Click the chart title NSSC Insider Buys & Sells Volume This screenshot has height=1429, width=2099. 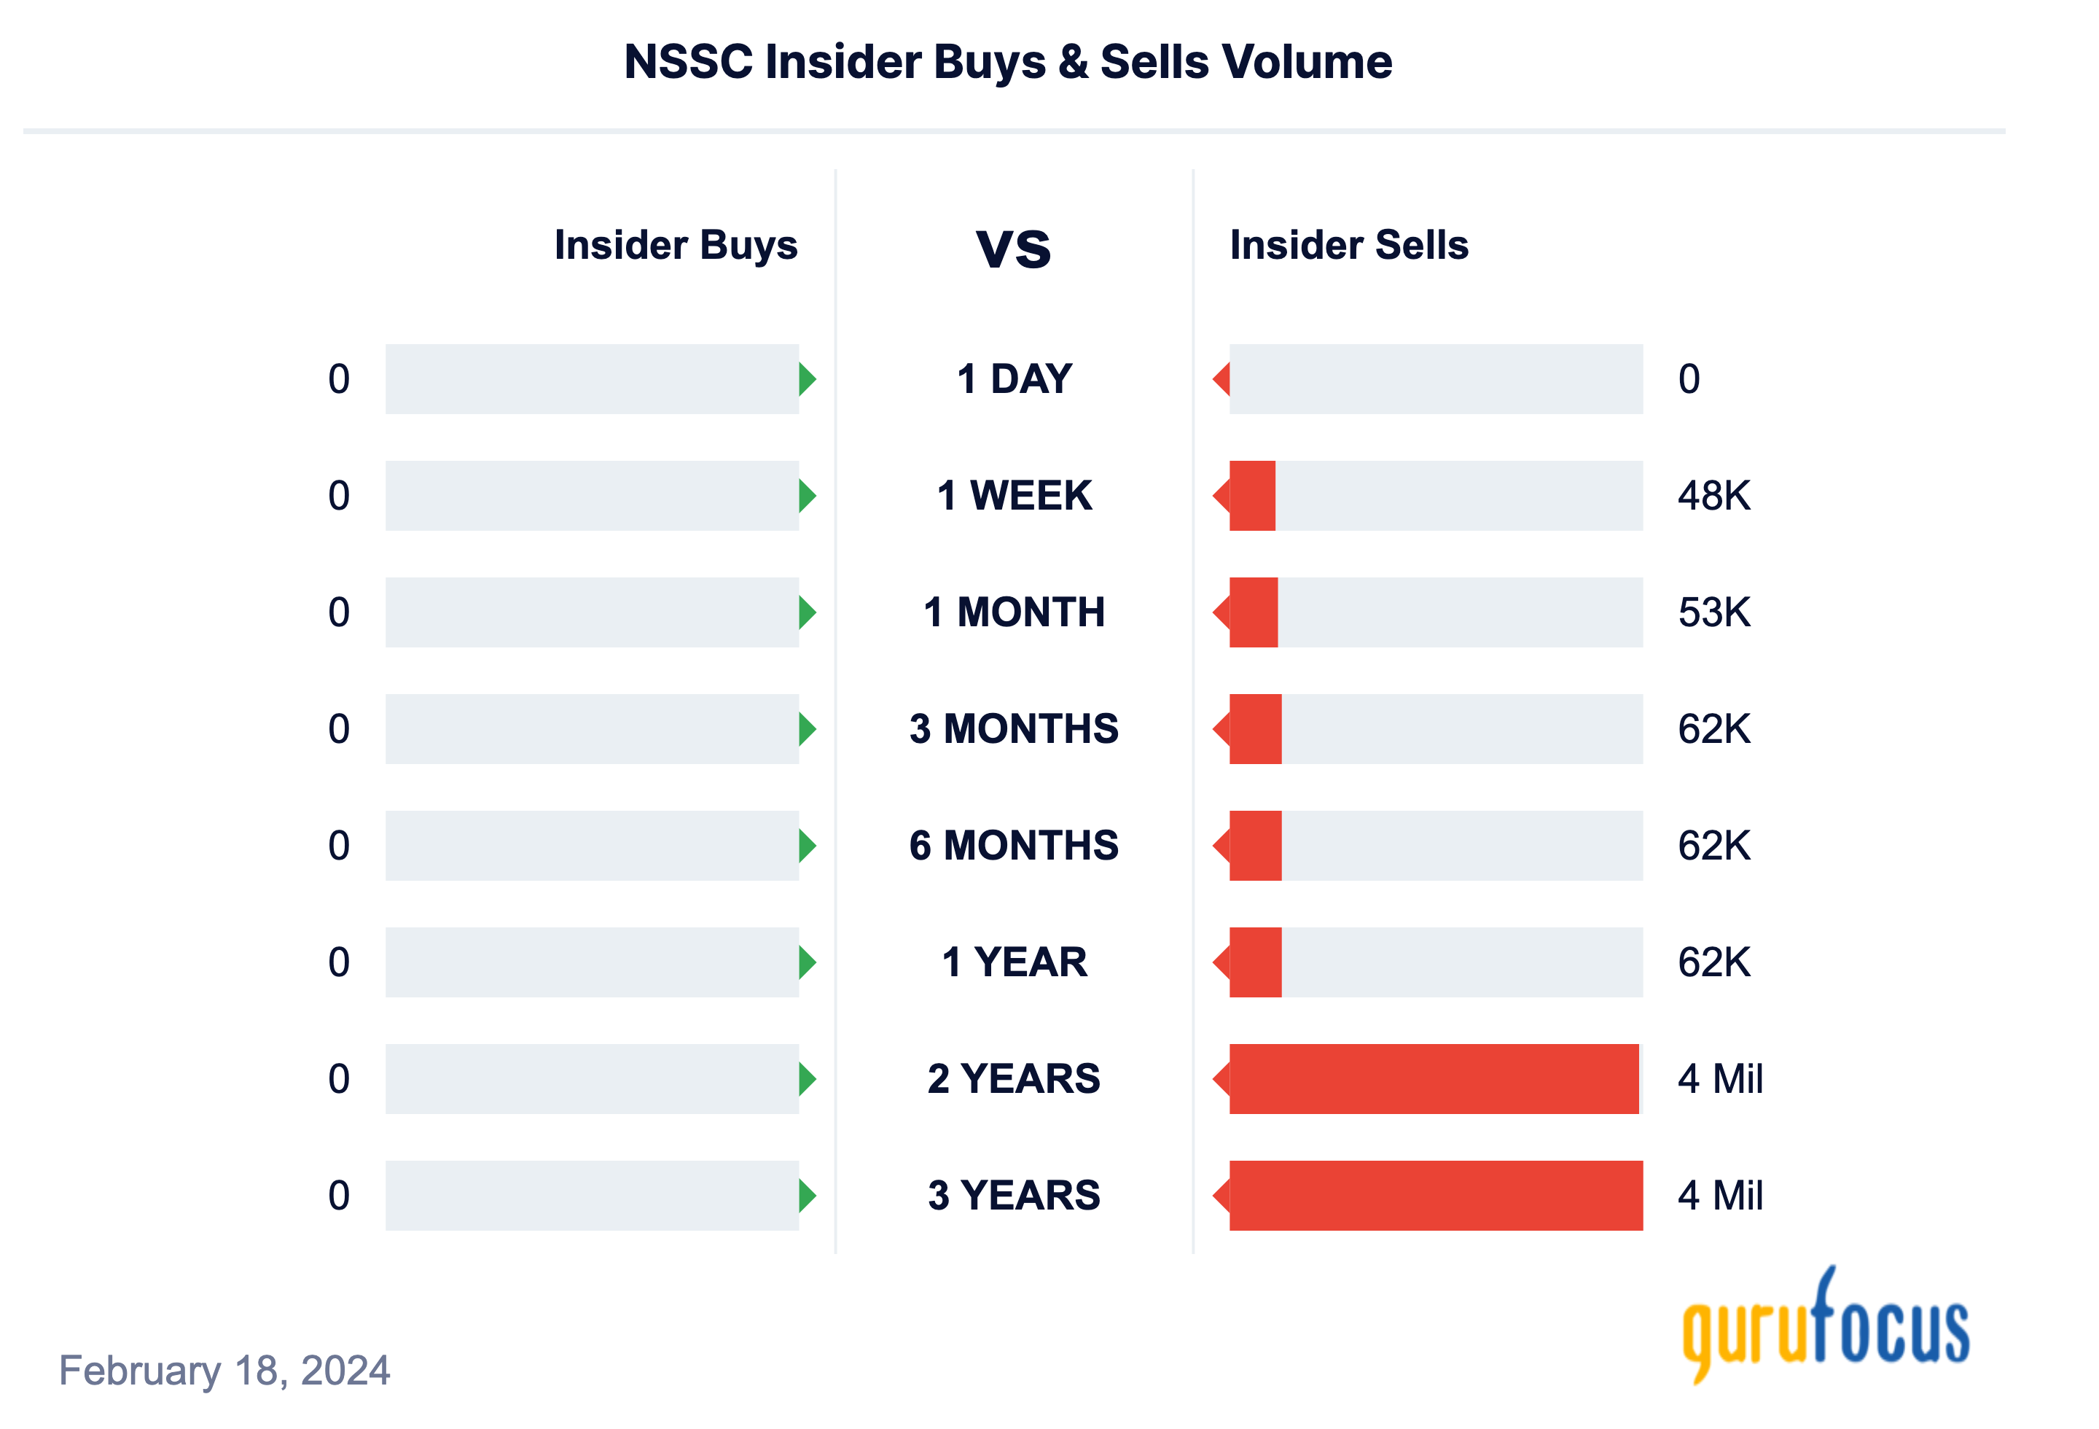(1007, 62)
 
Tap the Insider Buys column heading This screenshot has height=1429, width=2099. (675, 245)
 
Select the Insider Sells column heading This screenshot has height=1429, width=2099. (1348, 245)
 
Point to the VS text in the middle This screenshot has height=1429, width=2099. (1013, 249)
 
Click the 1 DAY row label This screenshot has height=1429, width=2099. (1013, 378)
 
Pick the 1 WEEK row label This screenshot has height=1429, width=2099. (1013, 495)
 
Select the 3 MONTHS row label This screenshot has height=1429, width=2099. (1013, 728)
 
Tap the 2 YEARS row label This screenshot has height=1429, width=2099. (1013, 1078)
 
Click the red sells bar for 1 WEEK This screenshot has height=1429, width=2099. (1252, 495)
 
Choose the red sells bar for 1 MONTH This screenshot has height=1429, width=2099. (1254, 612)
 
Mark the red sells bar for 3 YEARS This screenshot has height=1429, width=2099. (1435, 1194)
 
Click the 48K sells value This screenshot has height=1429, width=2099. (1713, 495)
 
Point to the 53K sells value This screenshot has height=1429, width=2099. (1713, 612)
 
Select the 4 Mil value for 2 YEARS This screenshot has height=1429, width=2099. (1720, 1078)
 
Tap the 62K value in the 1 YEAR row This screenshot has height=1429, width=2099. (1713, 961)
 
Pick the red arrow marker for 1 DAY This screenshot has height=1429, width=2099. (1222, 378)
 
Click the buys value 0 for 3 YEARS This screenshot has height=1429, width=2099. (339, 1194)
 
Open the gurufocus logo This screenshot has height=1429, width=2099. (1824, 1326)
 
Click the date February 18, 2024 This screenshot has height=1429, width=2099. (224, 1369)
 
